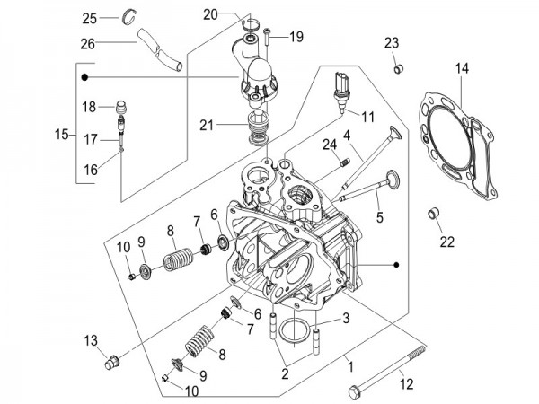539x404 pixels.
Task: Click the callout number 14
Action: (x=461, y=68)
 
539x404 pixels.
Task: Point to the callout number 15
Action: (x=60, y=135)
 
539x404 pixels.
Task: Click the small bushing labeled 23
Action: (x=396, y=67)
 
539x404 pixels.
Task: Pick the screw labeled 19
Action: (x=269, y=37)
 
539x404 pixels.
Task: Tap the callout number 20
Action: (x=210, y=14)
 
